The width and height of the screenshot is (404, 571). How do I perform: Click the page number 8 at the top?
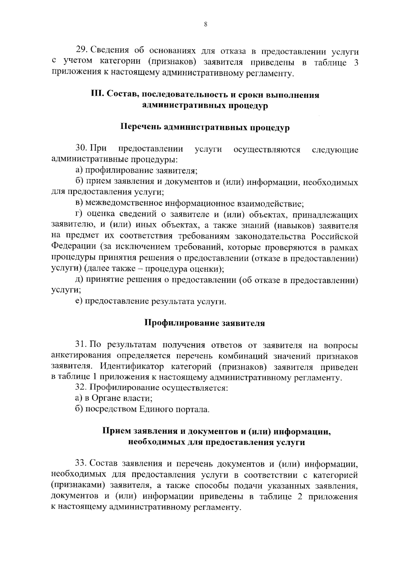(x=205, y=24)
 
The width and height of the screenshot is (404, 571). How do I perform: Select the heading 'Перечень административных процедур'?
(x=205, y=128)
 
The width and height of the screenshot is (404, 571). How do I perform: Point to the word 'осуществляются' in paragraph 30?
(x=267, y=149)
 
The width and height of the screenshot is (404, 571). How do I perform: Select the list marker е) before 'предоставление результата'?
(x=79, y=301)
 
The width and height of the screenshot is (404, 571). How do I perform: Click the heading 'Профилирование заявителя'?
(x=205, y=323)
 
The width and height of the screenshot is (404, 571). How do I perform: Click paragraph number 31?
(x=81, y=345)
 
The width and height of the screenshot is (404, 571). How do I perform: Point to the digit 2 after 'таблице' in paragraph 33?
(x=301, y=497)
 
